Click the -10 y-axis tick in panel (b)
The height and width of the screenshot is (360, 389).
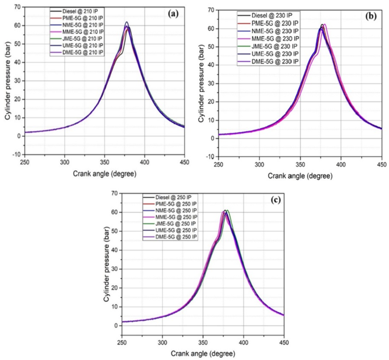pyautogui.click(x=211, y=157)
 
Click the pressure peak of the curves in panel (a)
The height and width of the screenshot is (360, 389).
pyautogui.click(x=127, y=23)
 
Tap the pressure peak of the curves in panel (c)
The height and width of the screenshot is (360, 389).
pyautogui.click(x=225, y=211)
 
